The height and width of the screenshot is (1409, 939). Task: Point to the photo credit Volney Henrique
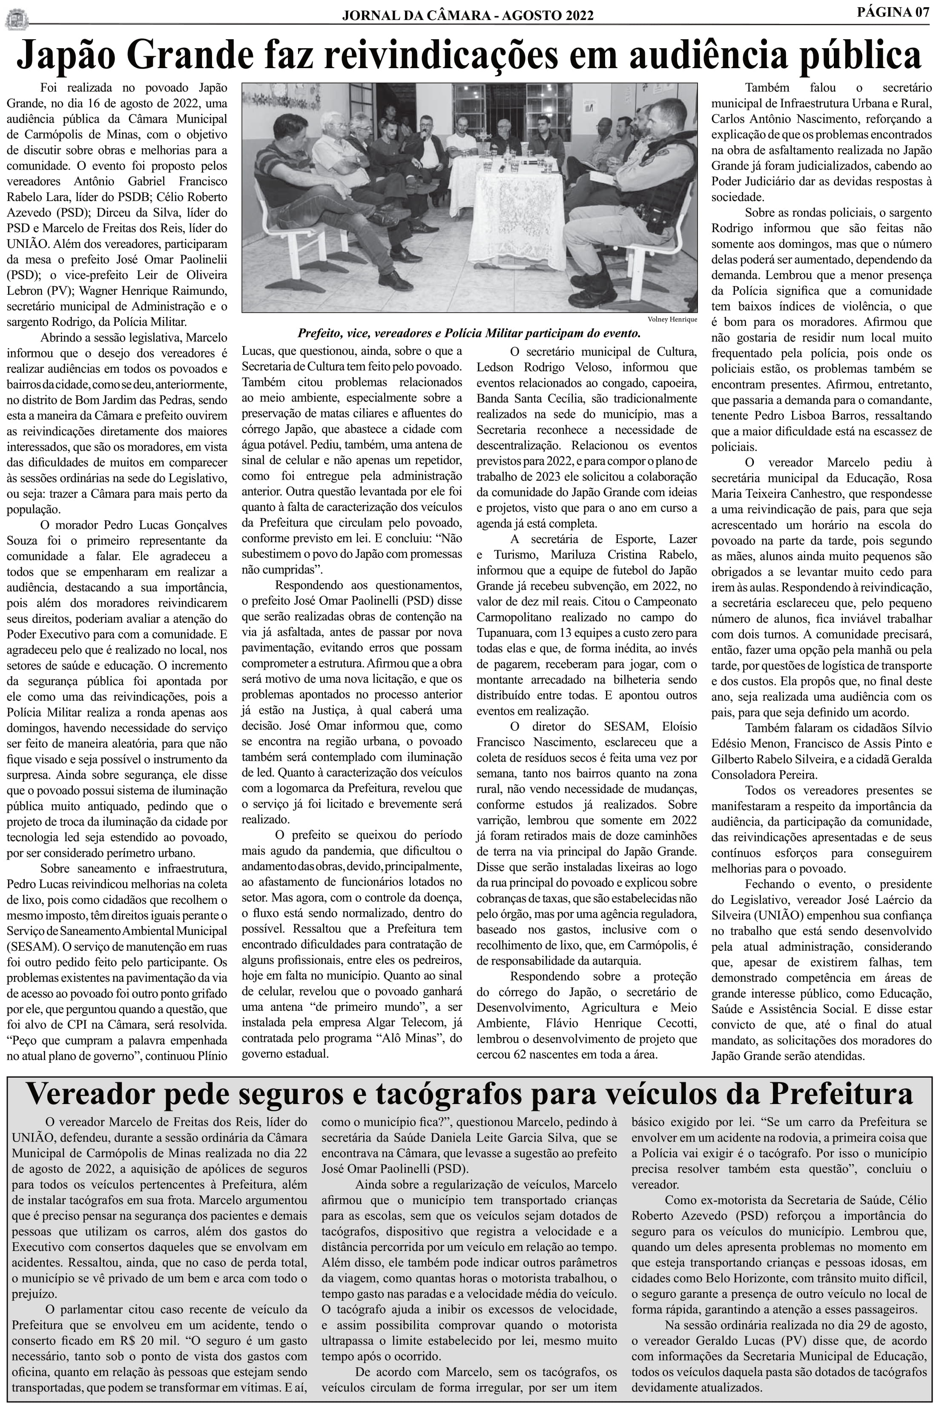[x=672, y=319]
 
